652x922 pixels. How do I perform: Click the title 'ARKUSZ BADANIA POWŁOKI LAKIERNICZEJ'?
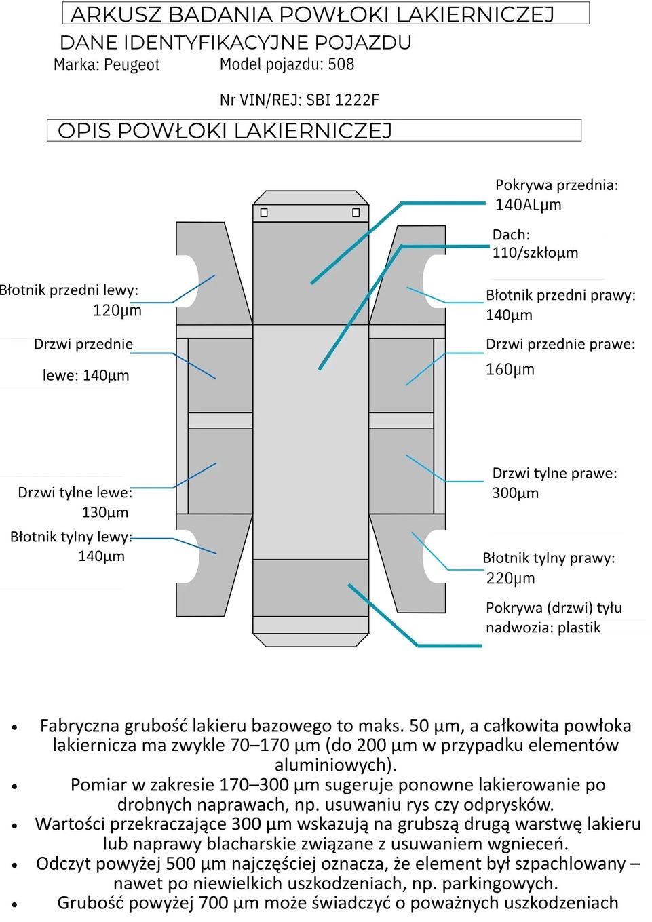click(313, 14)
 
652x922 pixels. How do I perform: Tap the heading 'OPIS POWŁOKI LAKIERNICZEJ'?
click(225, 131)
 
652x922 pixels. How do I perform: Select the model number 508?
click(341, 64)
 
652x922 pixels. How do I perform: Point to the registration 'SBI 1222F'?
click(343, 100)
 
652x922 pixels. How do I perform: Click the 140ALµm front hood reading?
click(528, 205)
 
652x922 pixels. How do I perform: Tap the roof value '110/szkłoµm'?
click(535, 253)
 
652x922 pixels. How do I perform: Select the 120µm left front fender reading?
click(117, 311)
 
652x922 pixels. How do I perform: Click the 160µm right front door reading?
click(510, 370)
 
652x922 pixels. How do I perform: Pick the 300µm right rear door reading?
click(515, 493)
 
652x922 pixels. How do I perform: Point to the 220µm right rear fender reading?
click(510, 579)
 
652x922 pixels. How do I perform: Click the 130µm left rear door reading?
click(104, 512)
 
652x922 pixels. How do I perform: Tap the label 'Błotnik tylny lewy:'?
click(71, 537)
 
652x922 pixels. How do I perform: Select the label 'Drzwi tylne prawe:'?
click(554, 474)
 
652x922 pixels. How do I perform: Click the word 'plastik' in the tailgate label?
click(579, 628)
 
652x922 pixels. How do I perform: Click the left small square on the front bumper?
click(264, 213)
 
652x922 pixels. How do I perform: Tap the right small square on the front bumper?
click(356, 213)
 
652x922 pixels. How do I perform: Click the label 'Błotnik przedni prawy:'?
click(560, 295)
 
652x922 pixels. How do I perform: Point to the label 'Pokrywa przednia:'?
click(556, 185)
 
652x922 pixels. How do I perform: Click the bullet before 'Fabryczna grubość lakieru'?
click(14, 727)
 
